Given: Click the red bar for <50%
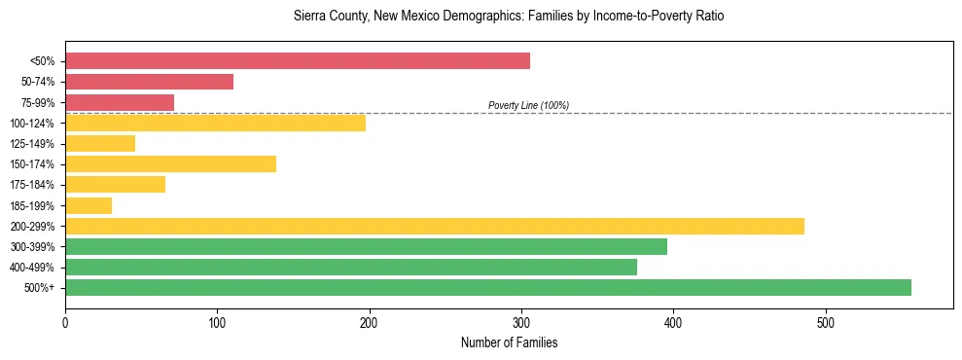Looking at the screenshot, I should pyautogui.click(x=298, y=61).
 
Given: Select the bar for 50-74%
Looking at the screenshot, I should pyautogui.click(x=149, y=82).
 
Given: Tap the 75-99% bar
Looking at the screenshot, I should pyautogui.click(x=120, y=102).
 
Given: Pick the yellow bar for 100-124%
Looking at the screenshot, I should pyautogui.click(x=215, y=123).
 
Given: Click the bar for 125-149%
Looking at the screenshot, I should pyautogui.click(x=100, y=143).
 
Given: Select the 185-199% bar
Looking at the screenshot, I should pyautogui.click(x=89, y=205).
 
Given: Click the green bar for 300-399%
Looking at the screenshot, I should pyautogui.click(x=366, y=246).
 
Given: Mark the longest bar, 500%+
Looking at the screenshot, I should pyautogui.click(x=487, y=287).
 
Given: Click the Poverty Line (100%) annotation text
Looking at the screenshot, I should pyautogui.click(x=528, y=105).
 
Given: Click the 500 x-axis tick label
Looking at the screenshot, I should pyautogui.click(x=825, y=322).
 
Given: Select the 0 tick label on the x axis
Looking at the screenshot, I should pyautogui.click(x=65, y=322).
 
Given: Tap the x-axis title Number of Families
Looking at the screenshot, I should pyautogui.click(x=509, y=342).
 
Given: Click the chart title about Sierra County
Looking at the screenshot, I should pyautogui.click(x=509, y=17).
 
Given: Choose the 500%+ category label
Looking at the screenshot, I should pyautogui.click(x=41, y=288).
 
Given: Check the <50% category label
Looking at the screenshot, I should pyautogui.click(x=43, y=61).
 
